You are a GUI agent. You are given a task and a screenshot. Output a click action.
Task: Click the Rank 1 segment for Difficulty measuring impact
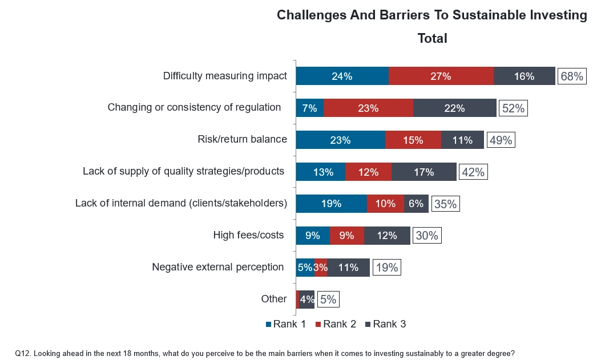(342, 76)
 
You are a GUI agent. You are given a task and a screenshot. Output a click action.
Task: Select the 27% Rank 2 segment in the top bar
(441, 76)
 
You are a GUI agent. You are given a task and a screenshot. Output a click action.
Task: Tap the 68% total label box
(572, 76)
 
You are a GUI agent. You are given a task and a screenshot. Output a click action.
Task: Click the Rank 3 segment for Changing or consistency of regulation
(455, 108)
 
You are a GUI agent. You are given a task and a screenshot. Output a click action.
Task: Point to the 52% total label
(513, 108)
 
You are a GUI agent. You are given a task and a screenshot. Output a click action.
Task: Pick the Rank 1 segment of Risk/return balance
(340, 140)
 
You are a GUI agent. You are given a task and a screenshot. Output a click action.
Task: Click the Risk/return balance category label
(242, 139)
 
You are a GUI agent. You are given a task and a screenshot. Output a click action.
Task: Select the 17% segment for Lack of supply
(424, 172)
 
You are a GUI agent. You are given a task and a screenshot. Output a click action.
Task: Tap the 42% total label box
(474, 172)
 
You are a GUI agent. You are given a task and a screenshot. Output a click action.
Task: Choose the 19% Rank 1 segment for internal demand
(331, 203)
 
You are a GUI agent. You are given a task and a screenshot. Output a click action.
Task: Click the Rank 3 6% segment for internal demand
(416, 203)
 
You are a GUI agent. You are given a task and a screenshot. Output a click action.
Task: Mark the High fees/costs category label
(248, 234)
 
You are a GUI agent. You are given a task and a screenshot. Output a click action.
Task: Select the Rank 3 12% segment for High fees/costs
(387, 235)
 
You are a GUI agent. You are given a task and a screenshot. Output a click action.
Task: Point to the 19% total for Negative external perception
(387, 267)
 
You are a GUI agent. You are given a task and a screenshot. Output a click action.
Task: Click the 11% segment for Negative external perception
(348, 267)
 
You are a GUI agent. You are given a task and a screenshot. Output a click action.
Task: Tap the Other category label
(274, 298)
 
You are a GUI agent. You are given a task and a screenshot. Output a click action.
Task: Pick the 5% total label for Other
(328, 299)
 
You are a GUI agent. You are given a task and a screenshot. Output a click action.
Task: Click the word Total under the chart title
(432, 38)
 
